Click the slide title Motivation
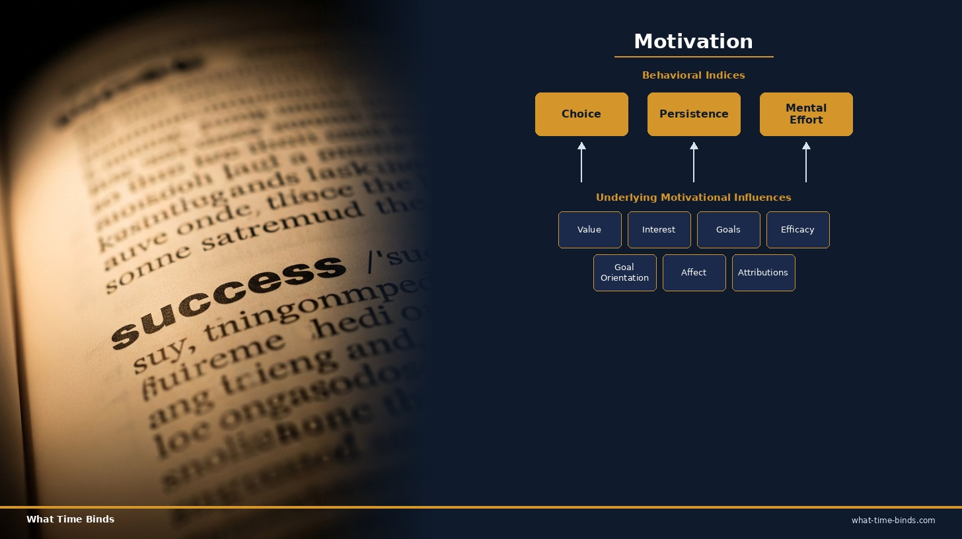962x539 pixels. (693, 41)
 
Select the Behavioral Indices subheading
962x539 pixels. (693, 75)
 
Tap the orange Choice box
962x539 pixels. (581, 114)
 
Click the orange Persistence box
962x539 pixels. (694, 114)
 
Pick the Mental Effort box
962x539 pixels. (806, 114)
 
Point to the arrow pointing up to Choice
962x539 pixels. (581, 162)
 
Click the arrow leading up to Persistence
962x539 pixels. (694, 162)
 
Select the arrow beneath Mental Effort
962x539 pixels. (806, 162)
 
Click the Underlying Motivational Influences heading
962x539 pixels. (693, 198)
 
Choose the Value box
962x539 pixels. (589, 230)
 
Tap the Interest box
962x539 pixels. (659, 230)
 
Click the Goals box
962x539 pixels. (728, 230)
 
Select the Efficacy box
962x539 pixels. (797, 230)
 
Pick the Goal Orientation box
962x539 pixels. (624, 273)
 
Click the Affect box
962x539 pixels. (694, 273)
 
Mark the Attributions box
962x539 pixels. (763, 273)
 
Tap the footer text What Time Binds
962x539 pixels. (70, 519)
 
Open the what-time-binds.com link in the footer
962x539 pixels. (893, 521)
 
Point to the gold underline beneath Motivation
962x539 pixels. (693, 57)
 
